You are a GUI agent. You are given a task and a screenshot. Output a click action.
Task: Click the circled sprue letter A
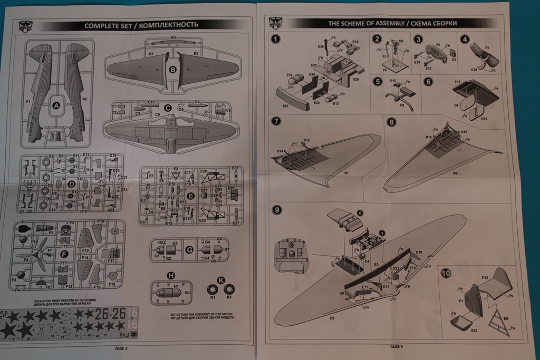tap(56, 105)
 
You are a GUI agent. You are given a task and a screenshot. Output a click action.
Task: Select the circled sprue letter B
tap(172, 70)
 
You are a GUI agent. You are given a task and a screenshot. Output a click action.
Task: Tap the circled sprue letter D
tap(71, 183)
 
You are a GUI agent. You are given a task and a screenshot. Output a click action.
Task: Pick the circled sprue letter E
tap(191, 196)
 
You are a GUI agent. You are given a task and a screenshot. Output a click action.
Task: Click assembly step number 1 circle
tap(276, 39)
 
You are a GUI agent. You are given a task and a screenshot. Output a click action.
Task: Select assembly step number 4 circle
tap(465, 39)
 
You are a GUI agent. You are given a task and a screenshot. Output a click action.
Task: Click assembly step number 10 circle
tap(446, 274)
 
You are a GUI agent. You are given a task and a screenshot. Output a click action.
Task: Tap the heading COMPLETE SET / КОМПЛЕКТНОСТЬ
tap(141, 25)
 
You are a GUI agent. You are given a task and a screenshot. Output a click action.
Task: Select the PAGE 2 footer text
tap(121, 348)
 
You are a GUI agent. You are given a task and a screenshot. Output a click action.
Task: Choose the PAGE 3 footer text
tap(397, 346)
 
